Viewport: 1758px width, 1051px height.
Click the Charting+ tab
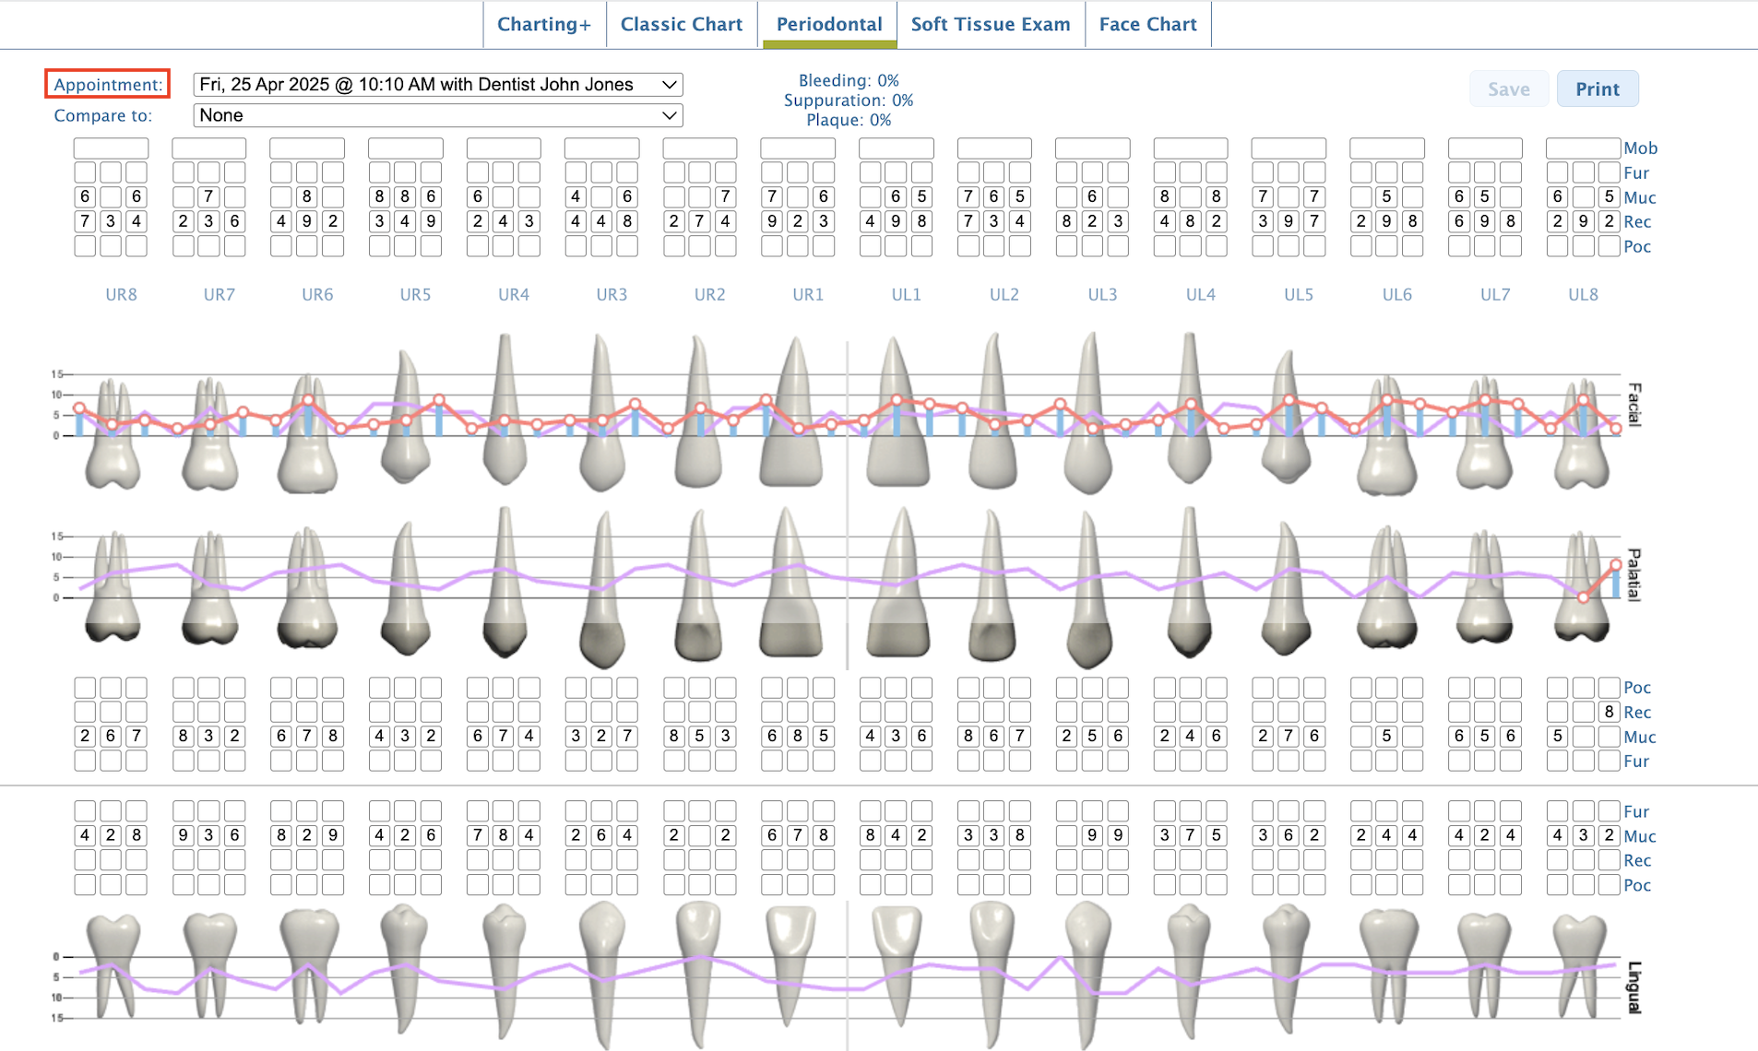543,25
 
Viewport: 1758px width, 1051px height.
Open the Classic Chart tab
681,25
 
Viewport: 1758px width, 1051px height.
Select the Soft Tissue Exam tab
990,25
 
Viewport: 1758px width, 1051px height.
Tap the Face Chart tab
1147,25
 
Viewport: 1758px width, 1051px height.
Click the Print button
1597,89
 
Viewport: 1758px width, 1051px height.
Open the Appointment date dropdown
437,85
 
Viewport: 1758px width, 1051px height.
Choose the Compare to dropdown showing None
437,115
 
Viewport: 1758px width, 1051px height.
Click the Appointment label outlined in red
107,85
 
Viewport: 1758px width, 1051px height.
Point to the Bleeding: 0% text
848,81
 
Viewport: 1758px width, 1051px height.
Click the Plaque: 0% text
848,120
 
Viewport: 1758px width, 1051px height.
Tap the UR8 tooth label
121,295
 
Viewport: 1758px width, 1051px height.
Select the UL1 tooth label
906,295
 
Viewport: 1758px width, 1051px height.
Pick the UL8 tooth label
1583,295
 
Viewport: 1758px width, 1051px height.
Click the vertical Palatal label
1633,574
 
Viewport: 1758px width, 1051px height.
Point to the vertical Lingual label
1633,986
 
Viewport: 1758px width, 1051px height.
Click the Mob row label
1640,148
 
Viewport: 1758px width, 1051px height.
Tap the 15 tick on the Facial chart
56,374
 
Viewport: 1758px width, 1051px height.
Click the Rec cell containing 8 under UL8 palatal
1609,712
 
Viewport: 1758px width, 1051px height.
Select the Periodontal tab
828,25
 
